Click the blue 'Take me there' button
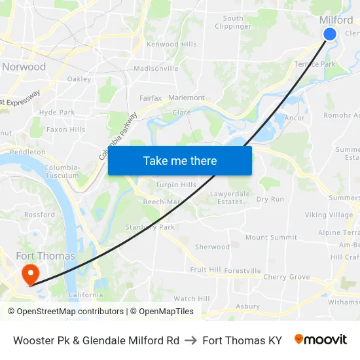coord(180,160)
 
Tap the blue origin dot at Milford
coord(330,34)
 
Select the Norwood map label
coord(24,67)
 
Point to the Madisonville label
coord(156,68)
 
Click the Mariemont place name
coord(187,98)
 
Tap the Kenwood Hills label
coord(171,45)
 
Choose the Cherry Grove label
coord(287,277)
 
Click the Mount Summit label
coord(271,238)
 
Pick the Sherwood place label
coord(212,247)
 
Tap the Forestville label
coord(242,270)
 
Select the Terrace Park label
coord(314,64)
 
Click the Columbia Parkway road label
coord(118,136)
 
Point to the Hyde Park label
coord(57,113)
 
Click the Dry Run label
coord(270,199)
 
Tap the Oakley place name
coord(79,79)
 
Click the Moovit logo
coord(321,340)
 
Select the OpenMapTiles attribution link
coord(162,312)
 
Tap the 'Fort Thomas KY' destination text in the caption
coord(242,340)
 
